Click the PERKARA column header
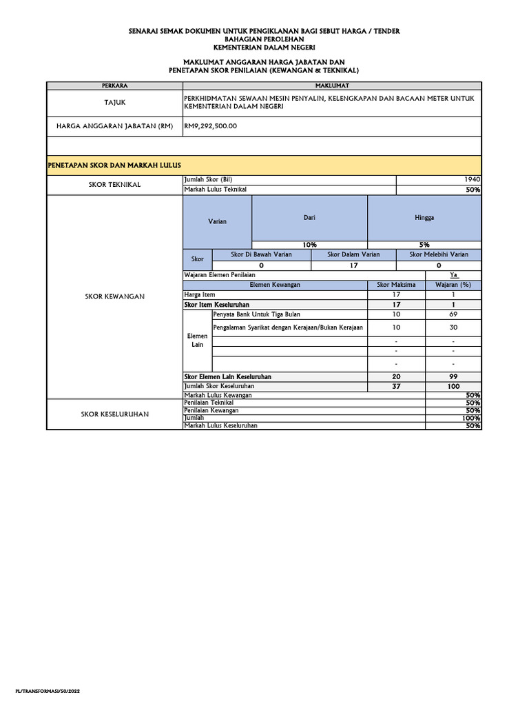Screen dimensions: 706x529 pyautogui.click(x=114, y=85)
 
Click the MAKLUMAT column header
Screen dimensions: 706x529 pyautogui.click(x=332, y=85)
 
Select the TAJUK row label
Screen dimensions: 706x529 pyautogui.click(x=114, y=102)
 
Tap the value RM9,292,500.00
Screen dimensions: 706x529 pyautogui.click(x=210, y=126)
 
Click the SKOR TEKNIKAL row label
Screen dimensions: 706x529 pyautogui.click(x=114, y=184)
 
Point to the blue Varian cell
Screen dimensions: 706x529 pyautogui.click(x=217, y=221)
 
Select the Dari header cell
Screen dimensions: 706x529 pyautogui.click(x=309, y=217)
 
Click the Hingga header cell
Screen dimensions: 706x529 pyautogui.click(x=424, y=217)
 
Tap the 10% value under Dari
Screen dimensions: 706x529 pyautogui.click(x=309, y=245)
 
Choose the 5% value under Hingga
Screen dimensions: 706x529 pyautogui.click(x=424, y=245)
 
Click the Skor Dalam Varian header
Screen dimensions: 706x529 pyautogui.click(x=354, y=254)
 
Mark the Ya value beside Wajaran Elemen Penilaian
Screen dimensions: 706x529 pyautogui.click(x=453, y=274)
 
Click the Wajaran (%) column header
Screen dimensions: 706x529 pyautogui.click(x=453, y=285)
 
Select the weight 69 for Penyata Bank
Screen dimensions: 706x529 pyautogui.click(x=453, y=314)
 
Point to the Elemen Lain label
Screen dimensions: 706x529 pyautogui.click(x=198, y=340)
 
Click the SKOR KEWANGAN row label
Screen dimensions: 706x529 pyautogui.click(x=114, y=296)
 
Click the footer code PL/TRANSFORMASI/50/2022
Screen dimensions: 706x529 pyautogui.click(x=43, y=690)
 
